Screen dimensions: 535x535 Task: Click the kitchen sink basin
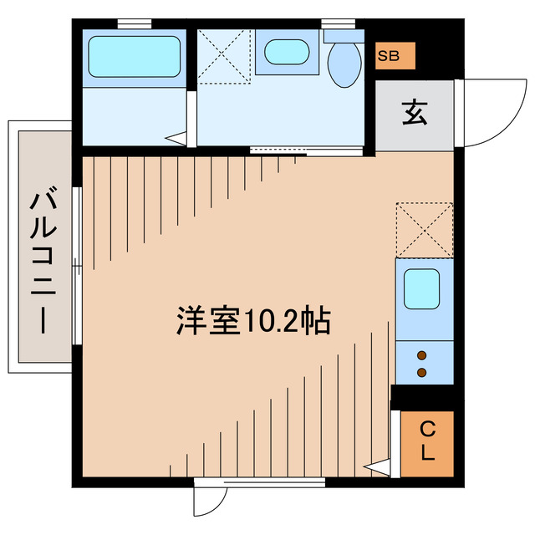[x=423, y=289]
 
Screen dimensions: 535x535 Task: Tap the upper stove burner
[x=422, y=354]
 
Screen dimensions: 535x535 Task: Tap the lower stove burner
[x=422, y=371]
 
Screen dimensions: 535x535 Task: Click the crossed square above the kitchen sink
[x=424, y=229]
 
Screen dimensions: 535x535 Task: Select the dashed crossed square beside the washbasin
[x=224, y=55]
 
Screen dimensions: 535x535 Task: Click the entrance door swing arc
[x=493, y=113]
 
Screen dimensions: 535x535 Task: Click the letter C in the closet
[x=425, y=431]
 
